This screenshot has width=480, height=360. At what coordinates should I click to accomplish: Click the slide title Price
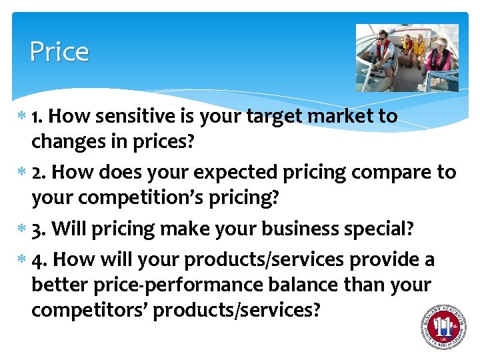pyautogui.click(x=59, y=52)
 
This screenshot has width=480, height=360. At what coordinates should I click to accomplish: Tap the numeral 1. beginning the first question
pyautogui.click(x=38, y=116)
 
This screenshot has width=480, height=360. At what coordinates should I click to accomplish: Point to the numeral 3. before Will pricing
pyautogui.click(x=39, y=229)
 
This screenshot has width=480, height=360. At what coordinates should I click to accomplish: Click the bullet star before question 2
pyautogui.click(x=24, y=173)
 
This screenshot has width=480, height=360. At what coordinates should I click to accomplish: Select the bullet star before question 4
pyautogui.click(x=24, y=259)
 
